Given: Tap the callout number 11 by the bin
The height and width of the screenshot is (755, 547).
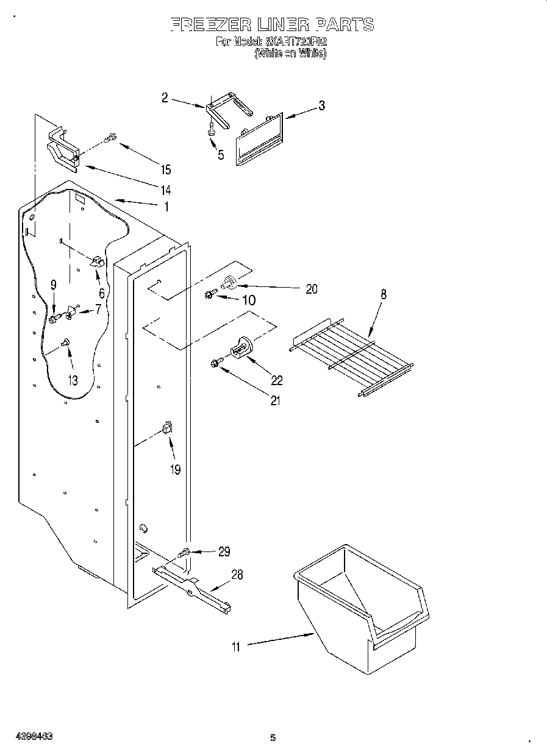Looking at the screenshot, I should (236, 647).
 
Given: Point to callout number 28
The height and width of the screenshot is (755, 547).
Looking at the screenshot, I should (237, 575).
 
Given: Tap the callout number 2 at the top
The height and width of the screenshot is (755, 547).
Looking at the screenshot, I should (165, 97).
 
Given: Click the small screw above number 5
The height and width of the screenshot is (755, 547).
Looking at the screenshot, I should (211, 130).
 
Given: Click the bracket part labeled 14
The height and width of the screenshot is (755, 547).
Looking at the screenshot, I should (63, 151).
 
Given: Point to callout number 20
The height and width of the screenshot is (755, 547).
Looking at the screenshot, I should (311, 289).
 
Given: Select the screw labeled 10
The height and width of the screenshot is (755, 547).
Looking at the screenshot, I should (209, 296).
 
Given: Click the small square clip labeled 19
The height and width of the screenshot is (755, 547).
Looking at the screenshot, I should (166, 428).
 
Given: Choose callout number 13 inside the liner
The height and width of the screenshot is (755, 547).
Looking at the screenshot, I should (73, 381).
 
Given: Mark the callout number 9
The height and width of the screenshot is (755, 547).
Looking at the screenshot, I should (54, 285).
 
